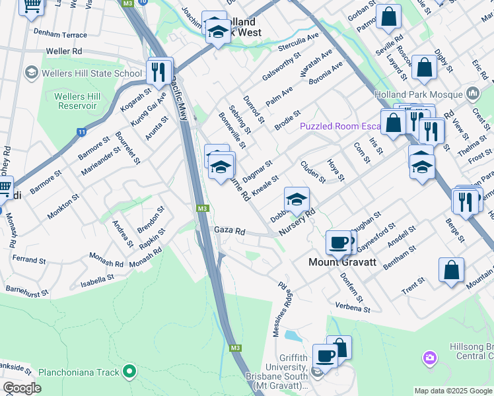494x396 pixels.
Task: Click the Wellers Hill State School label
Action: click(x=92, y=73)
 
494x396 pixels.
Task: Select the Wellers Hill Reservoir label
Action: click(x=77, y=102)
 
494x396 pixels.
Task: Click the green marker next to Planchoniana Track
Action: click(x=129, y=373)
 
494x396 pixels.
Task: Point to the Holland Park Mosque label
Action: click(x=419, y=94)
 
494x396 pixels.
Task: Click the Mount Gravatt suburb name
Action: click(x=342, y=262)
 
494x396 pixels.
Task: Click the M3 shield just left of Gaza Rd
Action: click(x=203, y=209)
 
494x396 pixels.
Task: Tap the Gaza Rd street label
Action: click(x=230, y=232)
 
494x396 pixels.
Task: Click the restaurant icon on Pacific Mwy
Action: click(x=158, y=72)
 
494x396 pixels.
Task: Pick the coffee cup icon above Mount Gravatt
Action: click(x=338, y=242)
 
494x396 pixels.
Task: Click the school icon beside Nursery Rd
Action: click(x=297, y=199)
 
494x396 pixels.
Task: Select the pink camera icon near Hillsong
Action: click(x=430, y=358)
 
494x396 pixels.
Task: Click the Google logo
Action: click(x=22, y=388)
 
